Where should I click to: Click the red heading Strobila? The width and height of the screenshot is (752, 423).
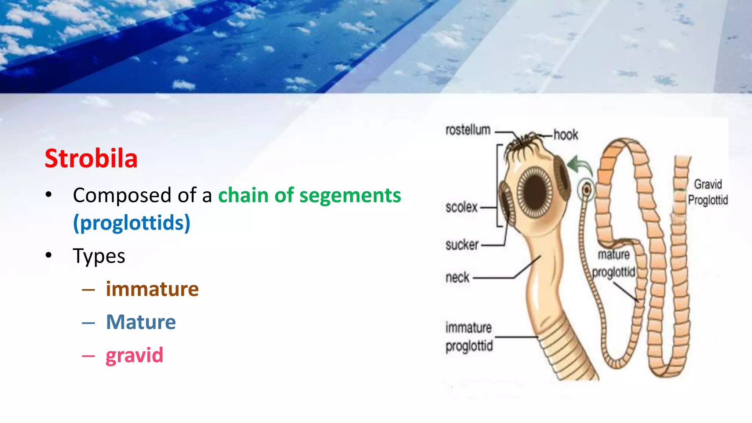coord(91,159)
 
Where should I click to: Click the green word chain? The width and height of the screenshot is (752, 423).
coord(243,195)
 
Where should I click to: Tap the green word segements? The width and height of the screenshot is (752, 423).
coord(350,196)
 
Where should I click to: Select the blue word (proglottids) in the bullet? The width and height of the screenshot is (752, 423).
coord(131,223)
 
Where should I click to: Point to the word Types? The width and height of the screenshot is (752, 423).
coord(99,256)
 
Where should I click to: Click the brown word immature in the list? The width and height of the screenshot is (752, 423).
coord(152,289)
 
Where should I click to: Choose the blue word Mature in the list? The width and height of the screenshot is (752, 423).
coord(141,322)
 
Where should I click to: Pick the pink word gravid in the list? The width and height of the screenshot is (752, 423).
coord(134,355)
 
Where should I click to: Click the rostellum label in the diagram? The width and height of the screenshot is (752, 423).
coord(468,130)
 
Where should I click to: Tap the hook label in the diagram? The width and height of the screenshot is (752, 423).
coord(565,135)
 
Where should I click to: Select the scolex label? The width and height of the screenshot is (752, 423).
coord(461,207)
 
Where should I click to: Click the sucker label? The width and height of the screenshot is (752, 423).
coord(462,245)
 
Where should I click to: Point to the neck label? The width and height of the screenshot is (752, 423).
coord(458,277)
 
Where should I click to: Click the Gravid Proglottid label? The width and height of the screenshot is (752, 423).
coord(708,192)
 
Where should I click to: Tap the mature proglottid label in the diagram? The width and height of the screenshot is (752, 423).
coord(614,263)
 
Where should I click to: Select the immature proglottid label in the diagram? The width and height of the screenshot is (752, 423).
coord(469,337)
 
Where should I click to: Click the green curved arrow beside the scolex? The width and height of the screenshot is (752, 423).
coord(579,164)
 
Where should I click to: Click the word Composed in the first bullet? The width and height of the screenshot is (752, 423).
coord(122,195)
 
